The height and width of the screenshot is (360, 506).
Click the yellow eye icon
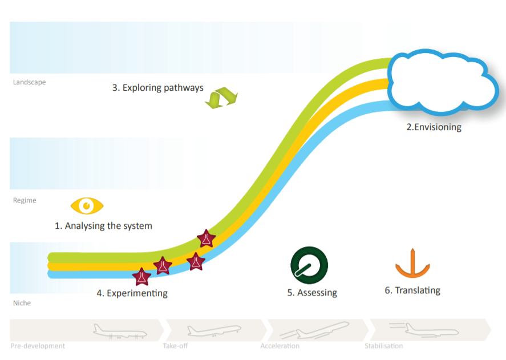87,205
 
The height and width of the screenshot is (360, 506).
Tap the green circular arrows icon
221,98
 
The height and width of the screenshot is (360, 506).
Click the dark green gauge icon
309,265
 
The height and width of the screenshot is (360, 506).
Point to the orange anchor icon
412,264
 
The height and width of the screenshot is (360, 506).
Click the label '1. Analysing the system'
103,226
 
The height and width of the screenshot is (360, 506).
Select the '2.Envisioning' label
434,127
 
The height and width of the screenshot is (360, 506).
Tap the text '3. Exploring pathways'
158,88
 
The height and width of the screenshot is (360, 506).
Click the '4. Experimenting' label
132,293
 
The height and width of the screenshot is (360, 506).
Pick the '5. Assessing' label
312,293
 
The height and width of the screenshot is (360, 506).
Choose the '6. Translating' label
412,290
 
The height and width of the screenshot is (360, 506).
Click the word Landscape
29,82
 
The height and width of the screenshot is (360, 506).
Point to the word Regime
25,200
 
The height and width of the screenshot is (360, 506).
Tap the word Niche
22,303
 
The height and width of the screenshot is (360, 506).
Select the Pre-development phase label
38,346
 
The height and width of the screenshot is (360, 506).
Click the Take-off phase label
175,346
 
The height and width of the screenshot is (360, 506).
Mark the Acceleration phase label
280,346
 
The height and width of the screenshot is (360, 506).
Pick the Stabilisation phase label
384,346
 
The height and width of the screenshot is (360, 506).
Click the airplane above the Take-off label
214,331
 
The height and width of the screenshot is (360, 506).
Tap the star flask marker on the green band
206,238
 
